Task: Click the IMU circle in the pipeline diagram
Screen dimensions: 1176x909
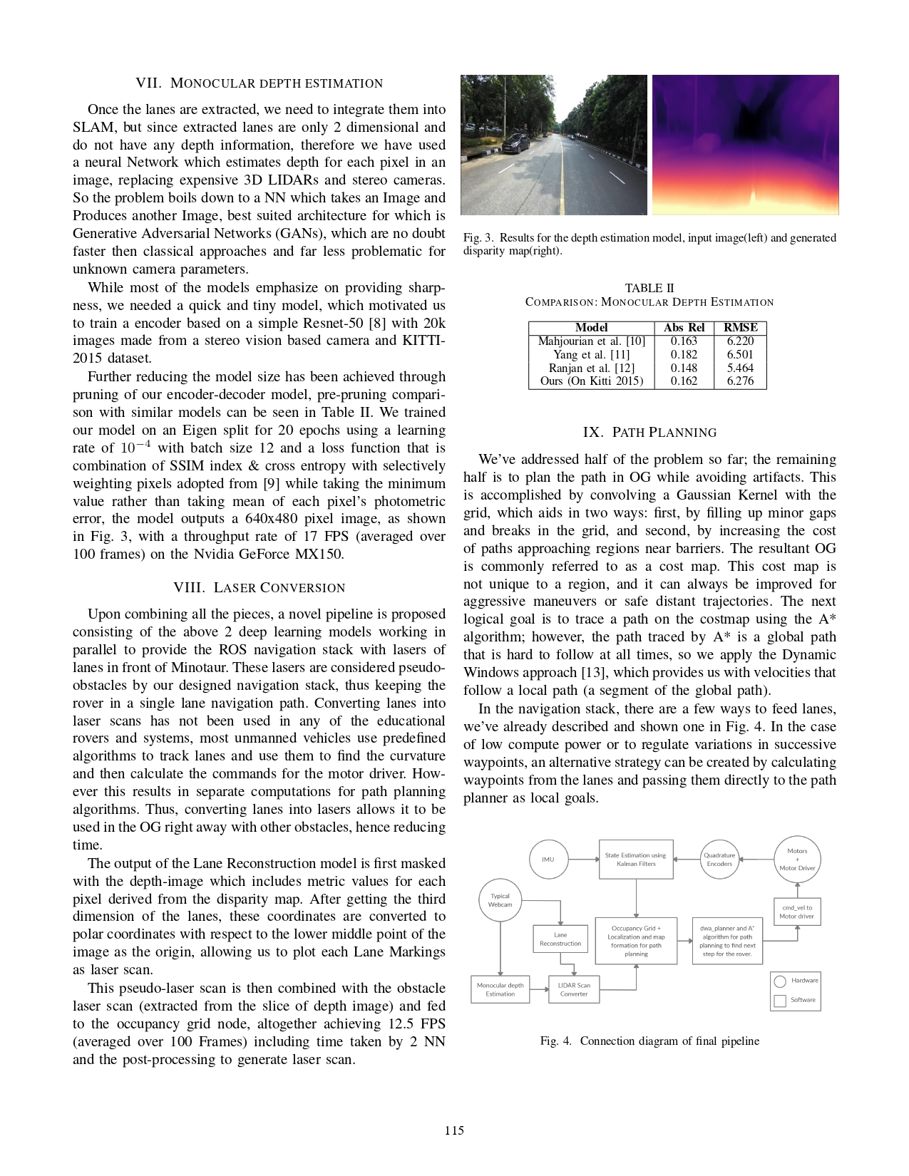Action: click(x=548, y=860)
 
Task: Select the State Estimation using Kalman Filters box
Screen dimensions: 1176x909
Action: click(x=635, y=860)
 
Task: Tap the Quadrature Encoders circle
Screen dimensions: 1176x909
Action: click(x=719, y=860)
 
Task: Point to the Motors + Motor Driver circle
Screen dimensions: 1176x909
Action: click(x=797, y=860)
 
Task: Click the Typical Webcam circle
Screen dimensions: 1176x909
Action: click(x=500, y=900)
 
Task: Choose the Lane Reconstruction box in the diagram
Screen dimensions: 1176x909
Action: click(x=560, y=939)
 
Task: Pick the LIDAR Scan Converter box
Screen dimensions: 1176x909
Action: click(x=574, y=989)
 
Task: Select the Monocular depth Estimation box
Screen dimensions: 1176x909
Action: click(x=500, y=989)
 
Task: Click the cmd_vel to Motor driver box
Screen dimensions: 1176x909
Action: click(x=796, y=912)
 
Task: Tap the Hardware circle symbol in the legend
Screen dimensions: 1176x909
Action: click(x=780, y=981)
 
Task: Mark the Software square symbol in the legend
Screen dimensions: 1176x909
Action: click(x=780, y=1001)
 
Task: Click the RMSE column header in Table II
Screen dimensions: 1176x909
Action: click(x=740, y=328)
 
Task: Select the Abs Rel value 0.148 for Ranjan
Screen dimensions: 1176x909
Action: click(x=684, y=368)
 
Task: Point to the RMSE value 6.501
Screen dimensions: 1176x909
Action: click(x=740, y=354)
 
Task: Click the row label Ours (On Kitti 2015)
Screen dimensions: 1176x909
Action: click(x=591, y=381)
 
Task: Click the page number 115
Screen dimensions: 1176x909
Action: click(x=454, y=1130)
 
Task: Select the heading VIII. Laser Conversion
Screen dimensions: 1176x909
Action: click(x=259, y=588)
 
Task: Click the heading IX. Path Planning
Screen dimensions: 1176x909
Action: click(x=649, y=433)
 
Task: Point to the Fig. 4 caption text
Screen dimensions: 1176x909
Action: click(x=649, y=1041)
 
